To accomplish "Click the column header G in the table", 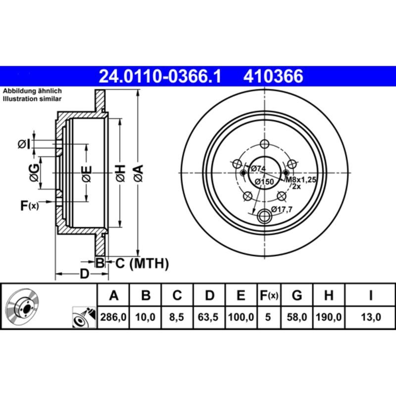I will click(297, 296).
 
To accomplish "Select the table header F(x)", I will click(269, 296).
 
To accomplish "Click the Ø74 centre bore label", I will click(258, 169).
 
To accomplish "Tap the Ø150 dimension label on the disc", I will click(264, 182).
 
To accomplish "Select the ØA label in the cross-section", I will click(138, 173).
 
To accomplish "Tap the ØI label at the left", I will click(24, 144).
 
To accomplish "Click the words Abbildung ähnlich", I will click(32, 92).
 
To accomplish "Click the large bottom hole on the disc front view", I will click(266, 215).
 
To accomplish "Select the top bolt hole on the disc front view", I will click(264, 144).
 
